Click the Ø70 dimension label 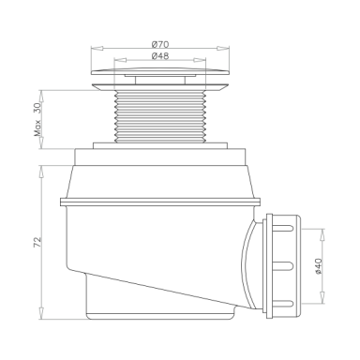pos(160,45)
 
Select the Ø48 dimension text pos(160,56)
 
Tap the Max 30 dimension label pos(37,120)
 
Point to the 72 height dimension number pos(37,242)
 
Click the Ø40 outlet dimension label pos(318,266)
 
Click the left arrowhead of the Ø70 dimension pos(97,48)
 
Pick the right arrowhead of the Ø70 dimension pos(223,48)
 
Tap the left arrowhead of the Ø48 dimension pos(120,60)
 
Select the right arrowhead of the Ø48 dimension pos(200,60)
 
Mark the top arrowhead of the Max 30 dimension pos(41,97)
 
